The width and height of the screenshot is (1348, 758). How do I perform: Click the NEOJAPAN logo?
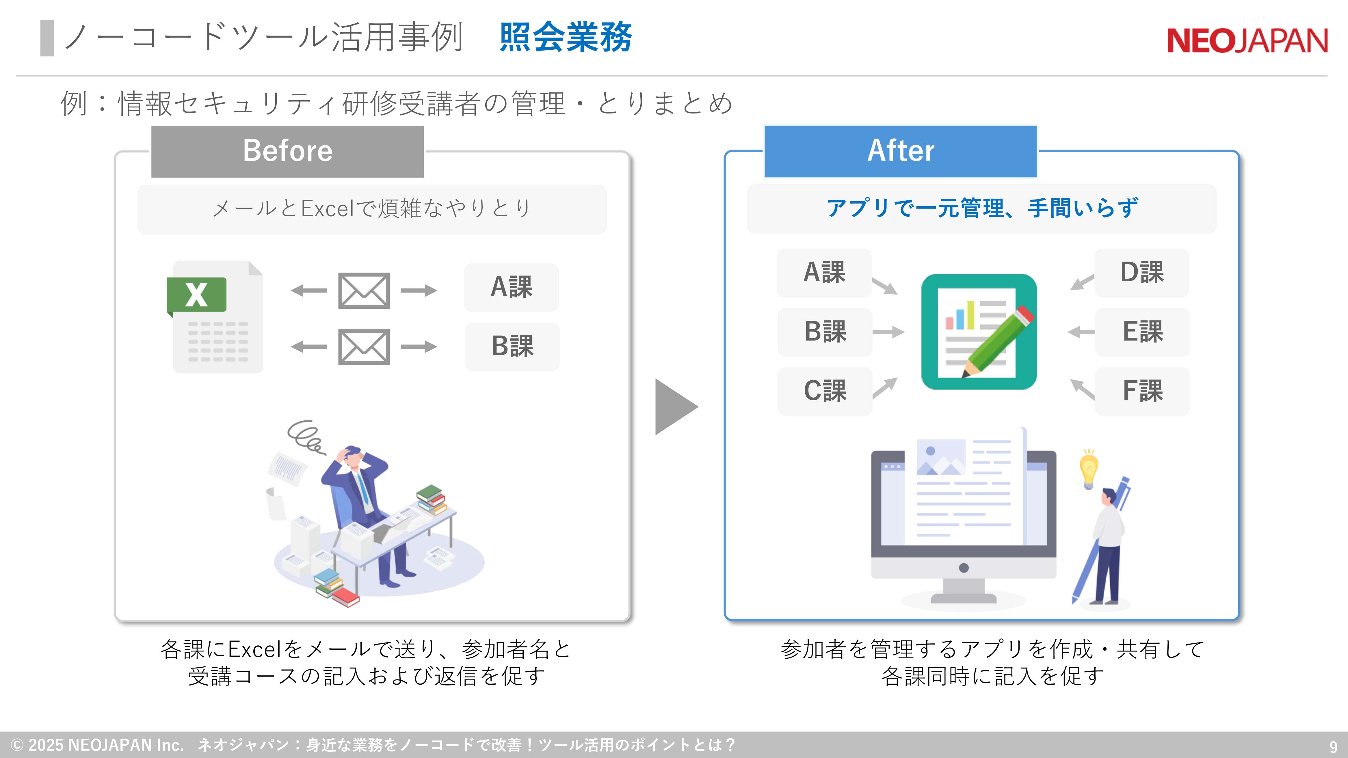[1247, 41]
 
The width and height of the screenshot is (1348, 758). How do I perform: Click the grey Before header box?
[287, 151]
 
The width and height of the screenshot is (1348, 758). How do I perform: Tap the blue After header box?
[901, 151]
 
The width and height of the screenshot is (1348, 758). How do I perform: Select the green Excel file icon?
[215, 316]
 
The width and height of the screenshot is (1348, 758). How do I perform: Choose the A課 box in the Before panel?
[511, 287]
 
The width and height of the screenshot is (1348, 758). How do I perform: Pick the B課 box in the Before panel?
[512, 346]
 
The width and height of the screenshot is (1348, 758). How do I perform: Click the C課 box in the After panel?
[825, 391]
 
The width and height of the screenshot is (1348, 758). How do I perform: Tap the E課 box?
[1142, 332]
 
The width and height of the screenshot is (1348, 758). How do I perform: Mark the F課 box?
[1142, 391]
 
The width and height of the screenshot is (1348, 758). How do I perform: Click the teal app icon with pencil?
[979, 332]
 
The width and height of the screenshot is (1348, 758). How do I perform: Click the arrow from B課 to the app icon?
[888, 332]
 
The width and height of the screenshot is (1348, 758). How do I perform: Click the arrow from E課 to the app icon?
[1081, 332]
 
